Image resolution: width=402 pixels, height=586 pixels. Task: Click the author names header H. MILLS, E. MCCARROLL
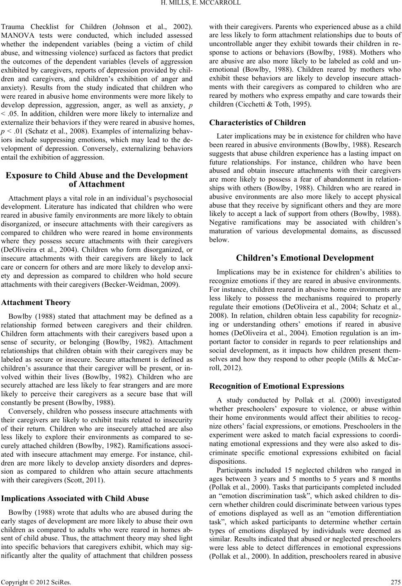click(x=201, y=5)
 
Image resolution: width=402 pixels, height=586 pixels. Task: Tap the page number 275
click(x=395, y=580)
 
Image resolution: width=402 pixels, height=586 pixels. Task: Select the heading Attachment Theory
click(x=36, y=303)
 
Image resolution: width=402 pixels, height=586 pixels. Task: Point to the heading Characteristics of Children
click(x=258, y=123)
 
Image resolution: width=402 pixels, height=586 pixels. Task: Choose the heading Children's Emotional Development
click(x=305, y=258)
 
